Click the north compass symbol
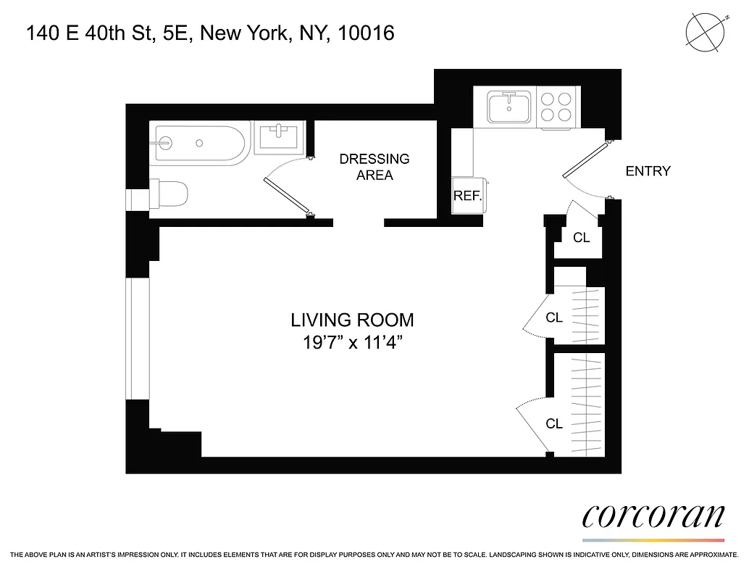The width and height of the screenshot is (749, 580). tap(705, 33)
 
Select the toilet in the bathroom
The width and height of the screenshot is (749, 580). tap(170, 194)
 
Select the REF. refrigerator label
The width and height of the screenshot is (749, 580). tap(467, 196)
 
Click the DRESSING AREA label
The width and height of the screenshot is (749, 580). tap(374, 167)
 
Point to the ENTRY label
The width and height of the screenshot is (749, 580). tap(648, 171)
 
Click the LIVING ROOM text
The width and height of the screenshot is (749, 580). tap(353, 320)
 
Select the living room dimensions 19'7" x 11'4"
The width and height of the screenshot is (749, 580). tap(353, 343)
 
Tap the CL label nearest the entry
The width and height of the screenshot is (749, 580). tap(581, 237)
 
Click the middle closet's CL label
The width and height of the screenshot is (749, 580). tap(554, 318)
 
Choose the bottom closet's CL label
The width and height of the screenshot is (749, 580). tap(554, 424)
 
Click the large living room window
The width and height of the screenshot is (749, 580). tap(137, 339)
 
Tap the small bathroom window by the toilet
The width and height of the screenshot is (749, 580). tap(137, 199)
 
